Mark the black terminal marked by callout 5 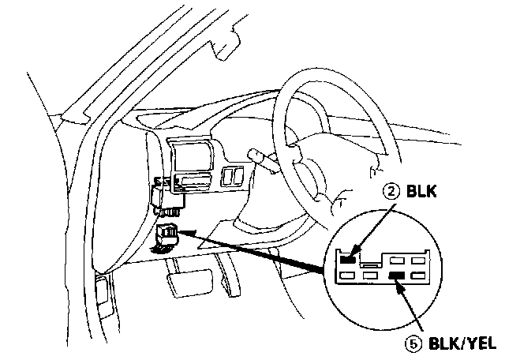point(397,276)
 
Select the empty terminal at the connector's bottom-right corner point(417,276)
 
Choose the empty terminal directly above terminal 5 point(397,258)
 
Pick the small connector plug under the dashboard point(168,234)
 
